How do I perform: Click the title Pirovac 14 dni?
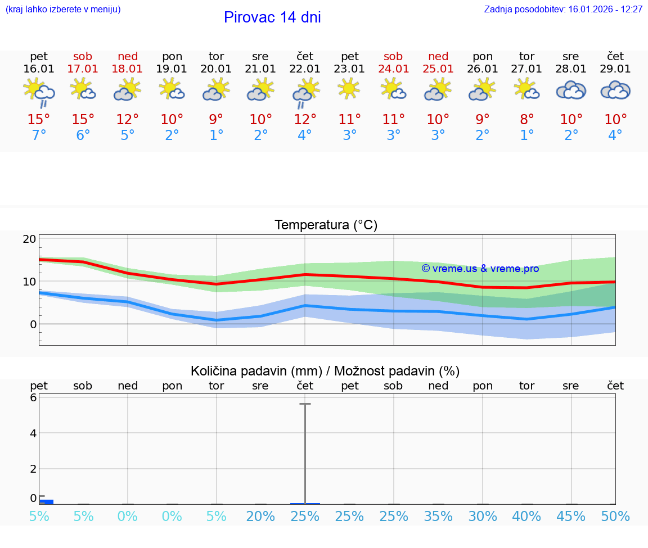[x=272, y=17]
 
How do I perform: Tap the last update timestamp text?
[x=563, y=10]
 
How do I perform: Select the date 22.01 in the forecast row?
[x=305, y=69]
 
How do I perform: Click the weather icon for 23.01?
[x=349, y=89]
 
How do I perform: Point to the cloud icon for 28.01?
[x=571, y=90]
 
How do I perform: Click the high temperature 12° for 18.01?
[x=128, y=120]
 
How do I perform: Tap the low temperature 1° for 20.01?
[x=217, y=135]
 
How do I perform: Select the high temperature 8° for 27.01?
[x=527, y=120]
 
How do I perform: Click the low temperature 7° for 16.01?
[x=39, y=135]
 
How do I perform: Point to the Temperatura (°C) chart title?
[x=326, y=225]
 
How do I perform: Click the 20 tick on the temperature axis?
[x=30, y=239]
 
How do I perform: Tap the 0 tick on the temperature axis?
[x=33, y=324]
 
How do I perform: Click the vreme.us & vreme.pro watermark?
[x=480, y=269]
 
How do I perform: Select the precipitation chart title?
[x=325, y=371]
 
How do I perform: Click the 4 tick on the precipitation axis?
[x=33, y=433]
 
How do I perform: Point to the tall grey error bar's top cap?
[x=305, y=404]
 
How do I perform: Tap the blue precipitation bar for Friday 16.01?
[x=46, y=501]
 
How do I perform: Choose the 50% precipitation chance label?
[x=615, y=517]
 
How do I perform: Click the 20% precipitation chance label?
[x=260, y=517]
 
